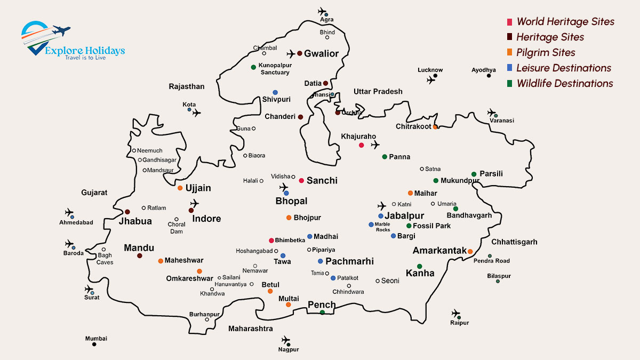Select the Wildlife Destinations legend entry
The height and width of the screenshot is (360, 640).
[564, 84]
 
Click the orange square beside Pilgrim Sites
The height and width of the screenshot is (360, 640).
[510, 53]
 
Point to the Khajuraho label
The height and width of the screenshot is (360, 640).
[358, 137]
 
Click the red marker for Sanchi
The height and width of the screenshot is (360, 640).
[301, 181]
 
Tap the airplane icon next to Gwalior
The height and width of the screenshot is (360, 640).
[291, 54]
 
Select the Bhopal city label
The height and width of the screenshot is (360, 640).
[291, 201]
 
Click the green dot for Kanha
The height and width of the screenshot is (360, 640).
[420, 266]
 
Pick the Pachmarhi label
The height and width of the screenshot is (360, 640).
[349, 261]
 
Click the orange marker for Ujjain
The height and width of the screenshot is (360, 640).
[180, 188]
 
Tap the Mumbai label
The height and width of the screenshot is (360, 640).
[96, 339]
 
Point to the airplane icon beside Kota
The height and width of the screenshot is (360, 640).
[197, 113]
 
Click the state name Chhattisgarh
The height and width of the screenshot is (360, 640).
[515, 242]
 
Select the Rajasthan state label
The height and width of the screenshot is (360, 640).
[187, 86]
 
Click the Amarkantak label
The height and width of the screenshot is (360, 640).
[439, 251]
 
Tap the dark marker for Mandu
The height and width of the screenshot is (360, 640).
[140, 256]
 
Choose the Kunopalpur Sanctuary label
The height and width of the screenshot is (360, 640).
[274, 69]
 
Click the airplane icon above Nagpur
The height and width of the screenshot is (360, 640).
[286, 340]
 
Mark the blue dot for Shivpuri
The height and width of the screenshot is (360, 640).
[275, 92]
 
